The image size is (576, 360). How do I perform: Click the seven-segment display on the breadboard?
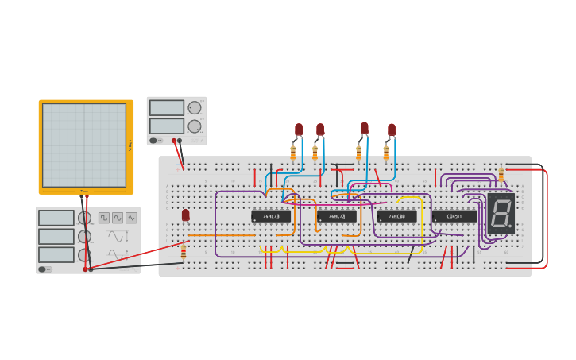501,213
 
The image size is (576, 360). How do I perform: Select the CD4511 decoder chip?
454,216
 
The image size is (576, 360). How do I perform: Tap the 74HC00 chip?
396,216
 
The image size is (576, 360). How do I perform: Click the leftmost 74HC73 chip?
271,216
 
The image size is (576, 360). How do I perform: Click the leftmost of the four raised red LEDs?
299,129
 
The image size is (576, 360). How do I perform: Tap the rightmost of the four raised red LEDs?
392,130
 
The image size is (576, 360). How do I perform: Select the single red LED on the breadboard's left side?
186,215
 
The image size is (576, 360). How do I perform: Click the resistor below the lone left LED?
184,252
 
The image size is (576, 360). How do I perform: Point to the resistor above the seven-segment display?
501,175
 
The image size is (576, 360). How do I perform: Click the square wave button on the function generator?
104,218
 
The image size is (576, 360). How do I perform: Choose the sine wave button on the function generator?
118,218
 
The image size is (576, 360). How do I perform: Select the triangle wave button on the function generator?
131,218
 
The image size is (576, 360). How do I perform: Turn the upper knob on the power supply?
194,107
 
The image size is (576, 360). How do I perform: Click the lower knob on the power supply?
194,126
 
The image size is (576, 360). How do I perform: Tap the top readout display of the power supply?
166,107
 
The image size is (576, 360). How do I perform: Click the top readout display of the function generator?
56,218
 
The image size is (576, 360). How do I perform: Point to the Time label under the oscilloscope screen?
84,191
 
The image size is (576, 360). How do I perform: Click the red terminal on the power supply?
173,141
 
